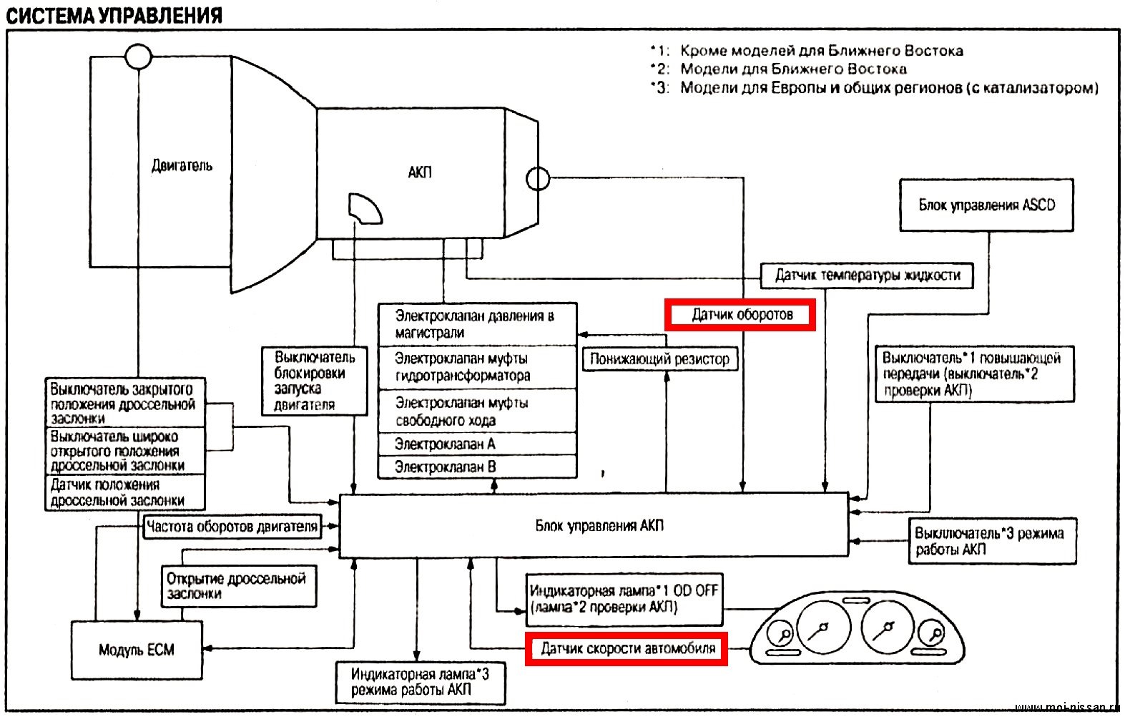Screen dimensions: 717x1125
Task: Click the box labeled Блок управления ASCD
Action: click(x=986, y=205)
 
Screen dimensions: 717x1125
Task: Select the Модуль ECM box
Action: click(x=137, y=650)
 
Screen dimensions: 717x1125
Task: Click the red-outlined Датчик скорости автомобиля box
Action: click(x=627, y=649)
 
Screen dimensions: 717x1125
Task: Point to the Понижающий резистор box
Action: click(x=659, y=359)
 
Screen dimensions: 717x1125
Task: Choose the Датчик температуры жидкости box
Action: click(x=867, y=275)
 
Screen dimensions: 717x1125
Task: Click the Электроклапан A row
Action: click(x=477, y=444)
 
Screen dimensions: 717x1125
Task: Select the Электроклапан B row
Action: click(x=477, y=467)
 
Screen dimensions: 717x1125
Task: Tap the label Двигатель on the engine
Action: click(x=182, y=166)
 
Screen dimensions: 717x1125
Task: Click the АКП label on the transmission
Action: click(x=420, y=172)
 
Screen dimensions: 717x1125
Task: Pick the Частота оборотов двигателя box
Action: click(x=232, y=527)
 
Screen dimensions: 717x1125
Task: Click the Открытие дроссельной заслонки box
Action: click(x=237, y=586)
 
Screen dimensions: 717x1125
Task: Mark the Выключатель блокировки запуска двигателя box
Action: click(x=313, y=381)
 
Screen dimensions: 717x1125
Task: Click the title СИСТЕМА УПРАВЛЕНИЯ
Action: click(x=114, y=16)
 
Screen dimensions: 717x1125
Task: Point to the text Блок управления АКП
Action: click(x=599, y=526)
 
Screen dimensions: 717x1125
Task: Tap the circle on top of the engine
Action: click(x=138, y=56)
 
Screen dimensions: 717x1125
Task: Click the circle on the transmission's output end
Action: click(x=538, y=177)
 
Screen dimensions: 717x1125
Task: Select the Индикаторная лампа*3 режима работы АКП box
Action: click(x=421, y=682)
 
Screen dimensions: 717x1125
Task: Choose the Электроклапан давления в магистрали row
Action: click(x=477, y=324)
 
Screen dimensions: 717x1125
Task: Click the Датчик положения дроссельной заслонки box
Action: click(x=124, y=493)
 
